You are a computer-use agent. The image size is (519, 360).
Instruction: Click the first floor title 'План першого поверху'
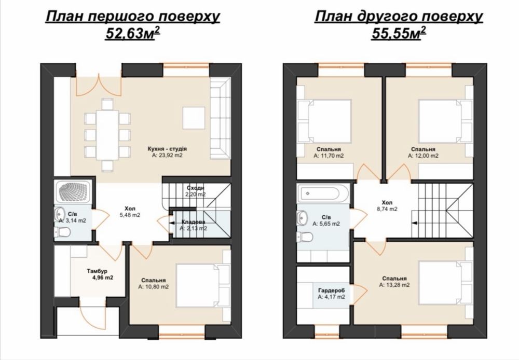coord(132,17)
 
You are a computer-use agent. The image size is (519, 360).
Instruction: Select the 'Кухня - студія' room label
coord(167,149)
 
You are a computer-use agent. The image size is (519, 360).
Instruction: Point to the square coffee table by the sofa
coord(194,118)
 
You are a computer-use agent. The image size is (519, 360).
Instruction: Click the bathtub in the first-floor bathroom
coord(74,192)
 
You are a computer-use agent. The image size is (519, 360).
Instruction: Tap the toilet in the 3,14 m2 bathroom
coord(63,232)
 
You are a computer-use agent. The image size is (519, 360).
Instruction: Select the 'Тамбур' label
coord(98,271)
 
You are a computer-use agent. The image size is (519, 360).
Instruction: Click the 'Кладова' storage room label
coord(193,221)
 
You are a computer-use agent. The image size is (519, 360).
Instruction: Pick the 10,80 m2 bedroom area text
coord(153,287)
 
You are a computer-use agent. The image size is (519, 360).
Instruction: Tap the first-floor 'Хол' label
coord(130,209)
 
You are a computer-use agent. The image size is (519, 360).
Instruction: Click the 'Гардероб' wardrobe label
coord(331,290)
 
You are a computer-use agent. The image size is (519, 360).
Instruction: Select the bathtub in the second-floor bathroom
coord(323,193)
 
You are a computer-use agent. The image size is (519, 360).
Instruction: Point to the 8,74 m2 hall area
coord(387,209)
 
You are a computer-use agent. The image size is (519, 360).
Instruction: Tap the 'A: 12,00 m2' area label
coord(423,156)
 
